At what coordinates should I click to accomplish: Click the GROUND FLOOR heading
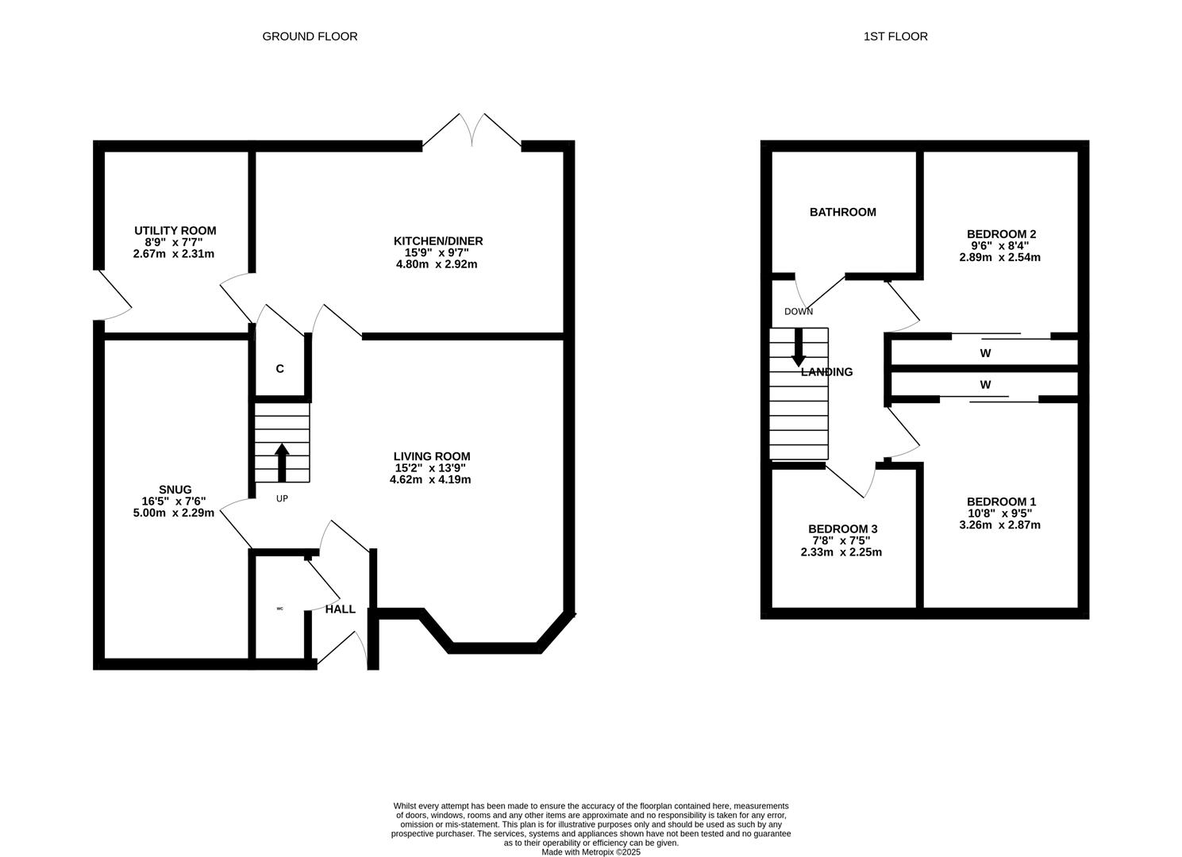[310, 37]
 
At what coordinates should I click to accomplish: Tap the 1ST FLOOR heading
[895, 37]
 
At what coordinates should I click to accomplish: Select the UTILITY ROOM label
[175, 230]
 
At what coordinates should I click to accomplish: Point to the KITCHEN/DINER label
[438, 241]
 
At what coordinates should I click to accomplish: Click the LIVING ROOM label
[432, 456]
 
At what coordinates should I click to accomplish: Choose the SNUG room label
[175, 490]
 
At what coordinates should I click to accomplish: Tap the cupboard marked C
[280, 369]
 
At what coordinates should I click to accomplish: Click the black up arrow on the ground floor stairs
[282, 462]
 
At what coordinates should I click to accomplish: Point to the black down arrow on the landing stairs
[799, 348]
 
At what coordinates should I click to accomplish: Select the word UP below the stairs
[282, 498]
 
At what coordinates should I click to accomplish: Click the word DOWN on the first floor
[799, 312]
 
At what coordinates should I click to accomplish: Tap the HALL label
[341, 609]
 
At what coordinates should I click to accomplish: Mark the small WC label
[279, 609]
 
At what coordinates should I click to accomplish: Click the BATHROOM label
[843, 212]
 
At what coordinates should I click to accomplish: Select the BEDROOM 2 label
[1001, 234]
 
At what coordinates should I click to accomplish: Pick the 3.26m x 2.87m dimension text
[1000, 525]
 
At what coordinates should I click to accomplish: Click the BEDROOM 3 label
[843, 529]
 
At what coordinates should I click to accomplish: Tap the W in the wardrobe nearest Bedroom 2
[985, 353]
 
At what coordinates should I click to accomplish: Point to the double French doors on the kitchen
[472, 130]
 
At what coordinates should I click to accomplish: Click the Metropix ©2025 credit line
[591, 851]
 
